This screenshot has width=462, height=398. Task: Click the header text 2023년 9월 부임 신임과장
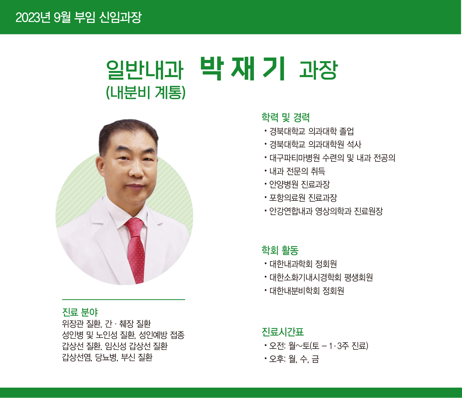(78, 17)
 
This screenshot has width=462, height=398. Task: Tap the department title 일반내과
(145, 70)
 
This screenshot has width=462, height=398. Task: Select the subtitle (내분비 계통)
(146, 92)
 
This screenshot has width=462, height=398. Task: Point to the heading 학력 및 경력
(285, 118)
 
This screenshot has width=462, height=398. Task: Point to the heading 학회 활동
(280, 250)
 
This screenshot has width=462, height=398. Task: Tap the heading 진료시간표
(283, 332)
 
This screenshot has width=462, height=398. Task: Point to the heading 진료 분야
(80, 312)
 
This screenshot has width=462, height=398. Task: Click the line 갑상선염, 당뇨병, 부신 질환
(107, 357)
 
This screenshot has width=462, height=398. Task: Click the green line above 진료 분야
(123, 300)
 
